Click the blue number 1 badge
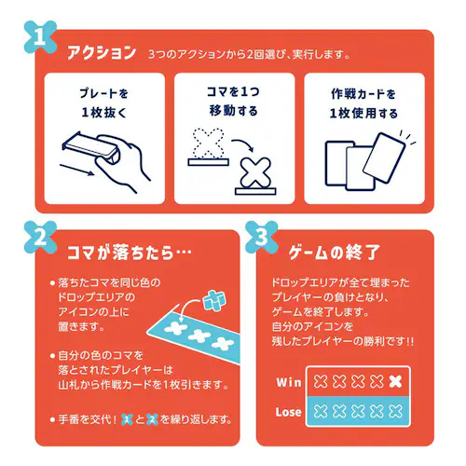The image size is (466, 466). [40, 37]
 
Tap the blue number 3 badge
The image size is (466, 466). [262, 238]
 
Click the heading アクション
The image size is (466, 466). [102, 52]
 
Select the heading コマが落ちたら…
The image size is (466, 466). [130, 253]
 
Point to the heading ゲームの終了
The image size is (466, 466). [334, 253]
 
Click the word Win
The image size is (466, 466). [289, 382]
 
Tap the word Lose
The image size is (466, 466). [289, 412]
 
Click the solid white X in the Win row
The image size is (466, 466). [395, 382]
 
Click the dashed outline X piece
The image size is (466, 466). [208, 144]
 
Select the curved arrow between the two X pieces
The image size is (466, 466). [243, 144]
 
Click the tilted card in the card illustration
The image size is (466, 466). [384, 158]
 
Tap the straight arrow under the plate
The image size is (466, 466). [76, 170]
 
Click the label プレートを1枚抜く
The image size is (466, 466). [104, 103]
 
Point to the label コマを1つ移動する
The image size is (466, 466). [233, 102]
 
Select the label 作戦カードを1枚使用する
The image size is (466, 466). [363, 103]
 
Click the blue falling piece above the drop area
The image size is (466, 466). [214, 300]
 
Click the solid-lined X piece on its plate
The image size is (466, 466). [255, 173]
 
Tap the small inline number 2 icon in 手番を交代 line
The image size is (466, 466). [152, 419]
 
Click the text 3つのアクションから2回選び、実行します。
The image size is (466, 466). [249, 54]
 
